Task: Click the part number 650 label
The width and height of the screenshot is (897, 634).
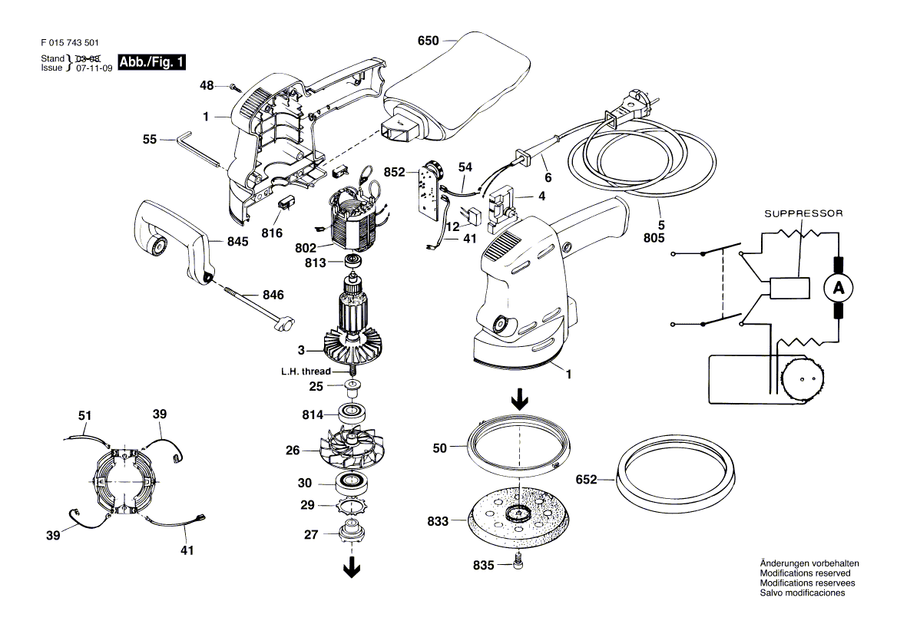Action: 428,41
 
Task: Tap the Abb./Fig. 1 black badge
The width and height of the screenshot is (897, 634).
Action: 151,61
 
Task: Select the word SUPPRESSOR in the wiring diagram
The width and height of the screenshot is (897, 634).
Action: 804,213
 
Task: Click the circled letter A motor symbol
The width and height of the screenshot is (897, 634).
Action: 838,288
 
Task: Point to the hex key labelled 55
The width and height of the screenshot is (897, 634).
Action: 198,150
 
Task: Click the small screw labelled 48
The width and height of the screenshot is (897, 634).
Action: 234,86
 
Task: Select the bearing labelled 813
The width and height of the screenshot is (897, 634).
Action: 354,262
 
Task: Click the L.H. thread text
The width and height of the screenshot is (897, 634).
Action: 306,371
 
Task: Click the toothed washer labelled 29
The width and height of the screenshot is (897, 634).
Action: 351,505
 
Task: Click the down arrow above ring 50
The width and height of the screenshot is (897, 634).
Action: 519,400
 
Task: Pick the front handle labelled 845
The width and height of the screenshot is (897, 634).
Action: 174,241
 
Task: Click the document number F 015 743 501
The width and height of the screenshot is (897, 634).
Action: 70,43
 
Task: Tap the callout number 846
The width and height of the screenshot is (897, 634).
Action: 273,295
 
